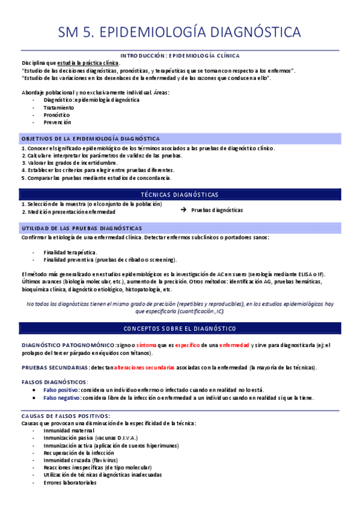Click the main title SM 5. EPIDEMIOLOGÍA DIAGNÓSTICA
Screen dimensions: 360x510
(x=180, y=32)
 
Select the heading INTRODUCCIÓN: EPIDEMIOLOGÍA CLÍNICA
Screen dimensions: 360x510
(x=180, y=55)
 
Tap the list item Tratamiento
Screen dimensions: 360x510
(x=59, y=107)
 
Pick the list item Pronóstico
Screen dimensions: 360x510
(x=56, y=114)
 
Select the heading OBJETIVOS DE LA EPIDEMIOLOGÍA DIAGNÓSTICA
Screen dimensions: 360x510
(x=90, y=138)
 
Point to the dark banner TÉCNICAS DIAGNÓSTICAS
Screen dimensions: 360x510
(x=180, y=194)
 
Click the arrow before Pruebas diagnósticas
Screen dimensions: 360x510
(x=183, y=210)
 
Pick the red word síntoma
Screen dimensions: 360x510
(x=147, y=345)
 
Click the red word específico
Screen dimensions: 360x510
(x=187, y=345)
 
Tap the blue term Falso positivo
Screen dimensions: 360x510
(x=60, y=390)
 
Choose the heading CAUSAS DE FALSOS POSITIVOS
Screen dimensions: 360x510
(x=66, y=416)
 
